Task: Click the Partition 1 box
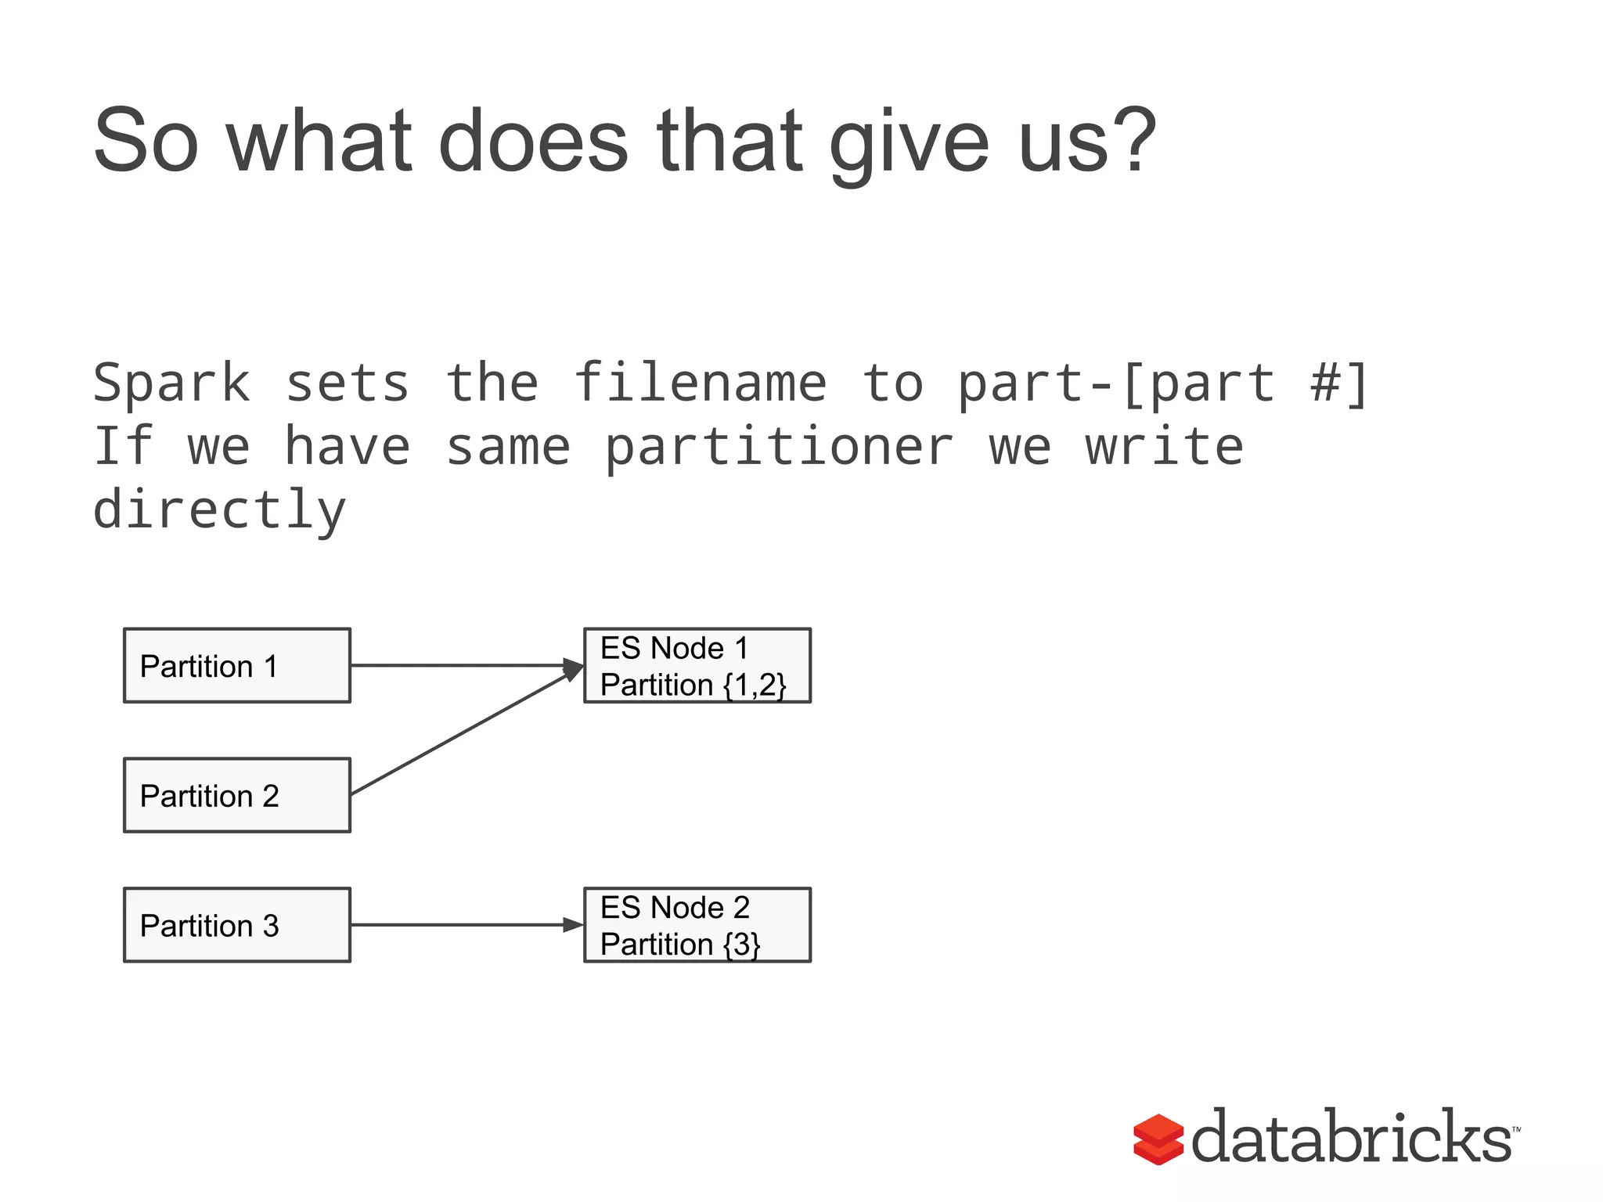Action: (x=236, y=665)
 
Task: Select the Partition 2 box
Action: (x=236, y=795)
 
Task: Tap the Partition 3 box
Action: (x=236, y=925)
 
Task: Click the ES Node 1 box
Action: (x=697, y=665)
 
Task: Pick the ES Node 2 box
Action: (x=697, y=925)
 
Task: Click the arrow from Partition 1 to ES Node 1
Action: (x=462, y=665)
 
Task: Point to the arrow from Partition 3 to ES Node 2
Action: (x=462, y=925)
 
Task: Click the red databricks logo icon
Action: (x=1158, y=1139)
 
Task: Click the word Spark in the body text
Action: (x=171, y=383)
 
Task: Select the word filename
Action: (x=700, y=383)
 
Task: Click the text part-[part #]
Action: (x=1162, y=383)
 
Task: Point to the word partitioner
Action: (x=779, y=448)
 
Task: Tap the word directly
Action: (x=219, y=510)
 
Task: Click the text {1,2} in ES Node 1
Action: (x=755, y=685)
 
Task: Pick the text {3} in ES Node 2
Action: (x=742, y=945)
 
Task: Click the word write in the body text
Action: (x=1164, y=448)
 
